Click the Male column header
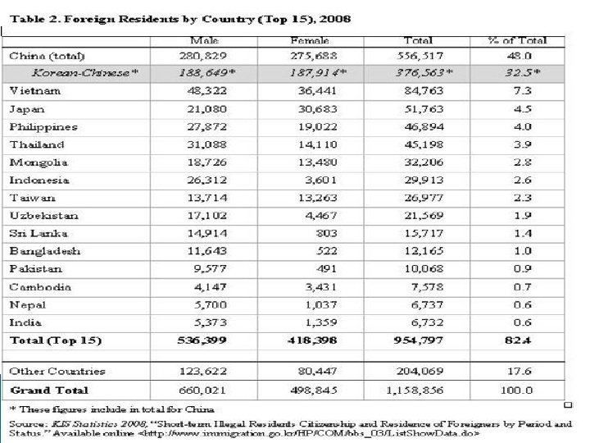pyautogui.click(x=204, y=39)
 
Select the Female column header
pyautogui.click(x=309, y=39)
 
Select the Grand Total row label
pyautogui.click(x=48, y=390)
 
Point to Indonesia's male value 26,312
pyautogui.click(x=204, y=180)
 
